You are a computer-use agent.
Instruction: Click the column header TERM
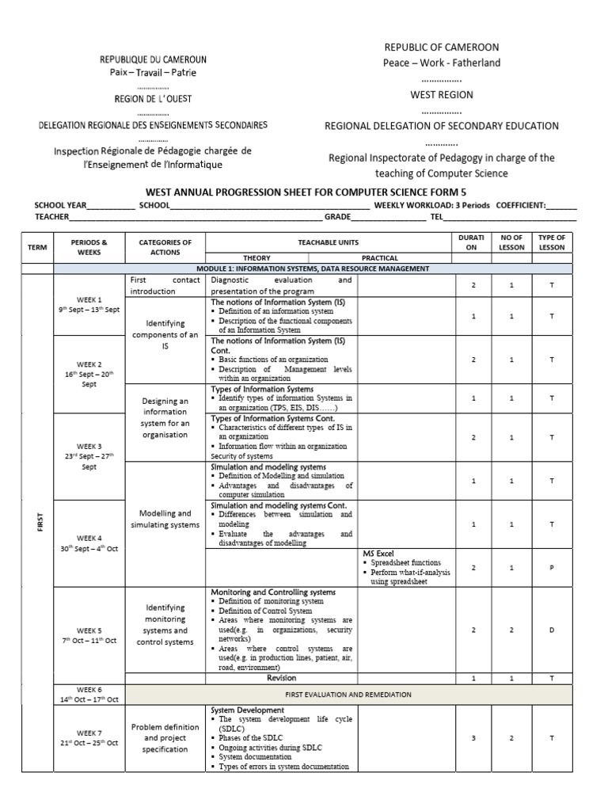pos(37,247)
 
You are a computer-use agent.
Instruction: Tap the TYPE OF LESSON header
pos(551,242)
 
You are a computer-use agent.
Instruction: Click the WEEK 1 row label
pos(89,305)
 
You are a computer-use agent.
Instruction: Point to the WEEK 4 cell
pos(89,543)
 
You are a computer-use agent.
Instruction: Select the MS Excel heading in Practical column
pos(378,553)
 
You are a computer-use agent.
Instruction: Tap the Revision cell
pos(282,679)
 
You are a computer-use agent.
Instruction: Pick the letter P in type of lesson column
pos(551,568)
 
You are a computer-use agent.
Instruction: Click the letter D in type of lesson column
pos(551,630)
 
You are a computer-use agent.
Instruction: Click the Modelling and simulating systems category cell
pos(165,519)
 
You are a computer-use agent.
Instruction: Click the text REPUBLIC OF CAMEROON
pos(441,48)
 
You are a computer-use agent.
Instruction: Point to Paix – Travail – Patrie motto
pos(153,73)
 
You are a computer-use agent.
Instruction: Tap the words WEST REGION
pos(441,94)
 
